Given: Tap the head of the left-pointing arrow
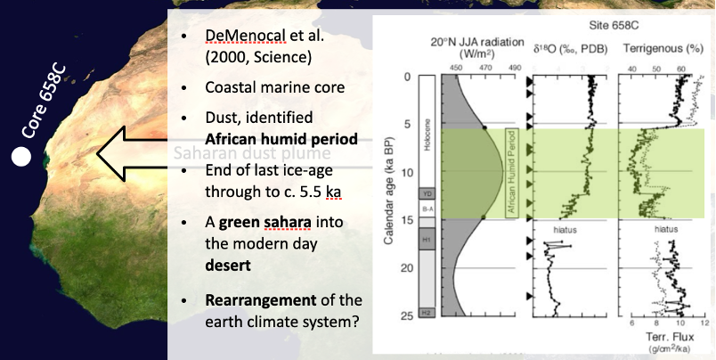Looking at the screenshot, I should point(111,153).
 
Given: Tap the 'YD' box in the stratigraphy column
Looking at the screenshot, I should point(427,192).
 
